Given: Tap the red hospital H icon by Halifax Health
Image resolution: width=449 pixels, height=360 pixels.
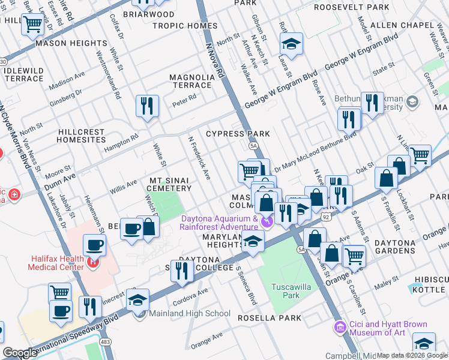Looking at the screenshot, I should [x=92, y=262].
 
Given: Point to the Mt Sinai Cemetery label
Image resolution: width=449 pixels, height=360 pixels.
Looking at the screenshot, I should [x=170, y=184].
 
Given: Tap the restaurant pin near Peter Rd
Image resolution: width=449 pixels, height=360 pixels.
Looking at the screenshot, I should [x=147, y=106].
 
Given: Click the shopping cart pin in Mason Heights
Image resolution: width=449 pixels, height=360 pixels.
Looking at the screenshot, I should [x=34, y=25].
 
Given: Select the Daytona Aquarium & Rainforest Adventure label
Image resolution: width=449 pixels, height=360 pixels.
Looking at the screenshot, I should [x=220, y=223].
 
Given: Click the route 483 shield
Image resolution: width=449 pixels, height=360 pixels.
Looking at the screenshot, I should [x=106, y=341].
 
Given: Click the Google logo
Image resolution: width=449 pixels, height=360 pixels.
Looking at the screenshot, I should [x=20, y=353].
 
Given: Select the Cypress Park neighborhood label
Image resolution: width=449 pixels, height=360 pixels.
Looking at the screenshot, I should [x=238, y=133].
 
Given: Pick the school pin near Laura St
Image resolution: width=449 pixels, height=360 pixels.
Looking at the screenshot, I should [x=291, y=44].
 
